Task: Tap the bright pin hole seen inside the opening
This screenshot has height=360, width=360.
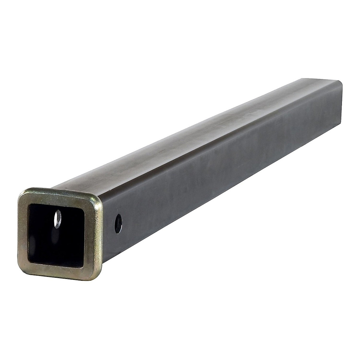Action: (56, 219)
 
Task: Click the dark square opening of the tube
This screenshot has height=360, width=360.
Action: (57, 237)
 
